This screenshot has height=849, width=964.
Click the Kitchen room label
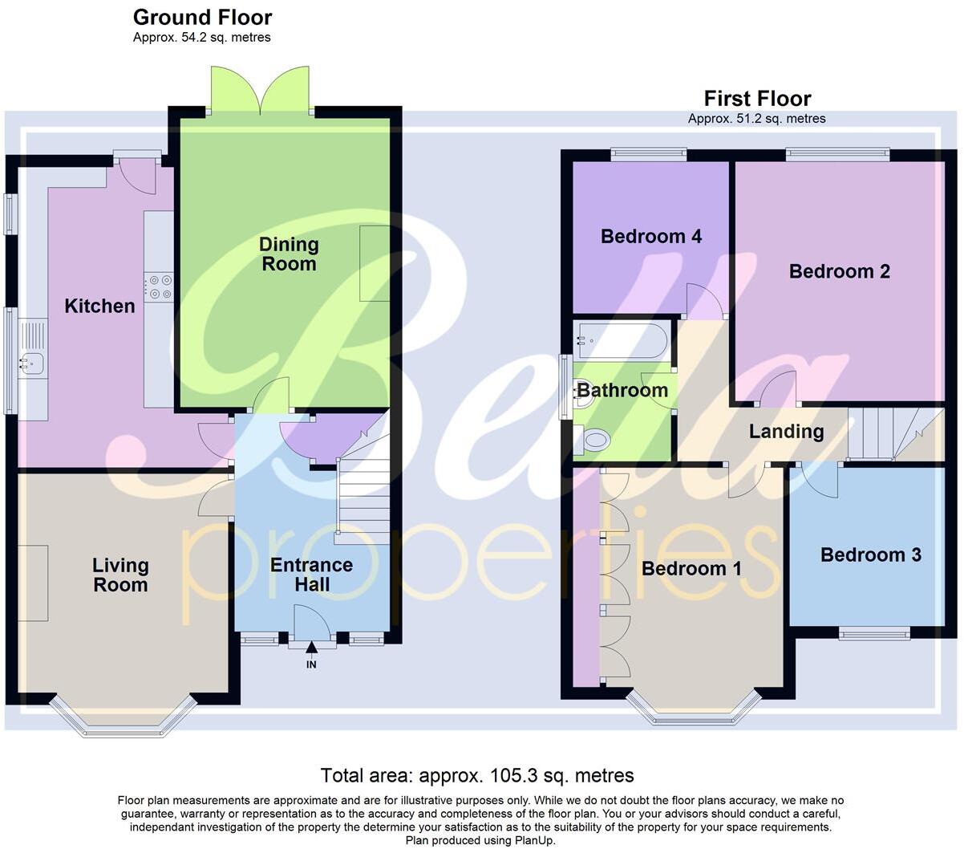(99, 306)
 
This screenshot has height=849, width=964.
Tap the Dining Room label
(289, 254)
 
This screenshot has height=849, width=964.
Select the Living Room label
(120, 575)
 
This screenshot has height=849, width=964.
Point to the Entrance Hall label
(311, 575)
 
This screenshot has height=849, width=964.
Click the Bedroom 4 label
(650, 236)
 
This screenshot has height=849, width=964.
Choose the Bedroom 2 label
(839, 271)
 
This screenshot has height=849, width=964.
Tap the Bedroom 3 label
(870, 554)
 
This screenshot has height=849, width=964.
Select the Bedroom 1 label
(691, 569)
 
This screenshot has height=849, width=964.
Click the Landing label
(786, 432)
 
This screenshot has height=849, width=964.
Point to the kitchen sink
(32, 364)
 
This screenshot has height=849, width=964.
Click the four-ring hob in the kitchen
(159, 286)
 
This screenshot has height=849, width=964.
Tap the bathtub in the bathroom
(622, 340)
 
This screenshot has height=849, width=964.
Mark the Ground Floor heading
(202, 17)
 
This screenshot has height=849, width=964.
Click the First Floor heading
(757, 99)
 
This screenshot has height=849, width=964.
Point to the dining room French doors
(260, 90)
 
